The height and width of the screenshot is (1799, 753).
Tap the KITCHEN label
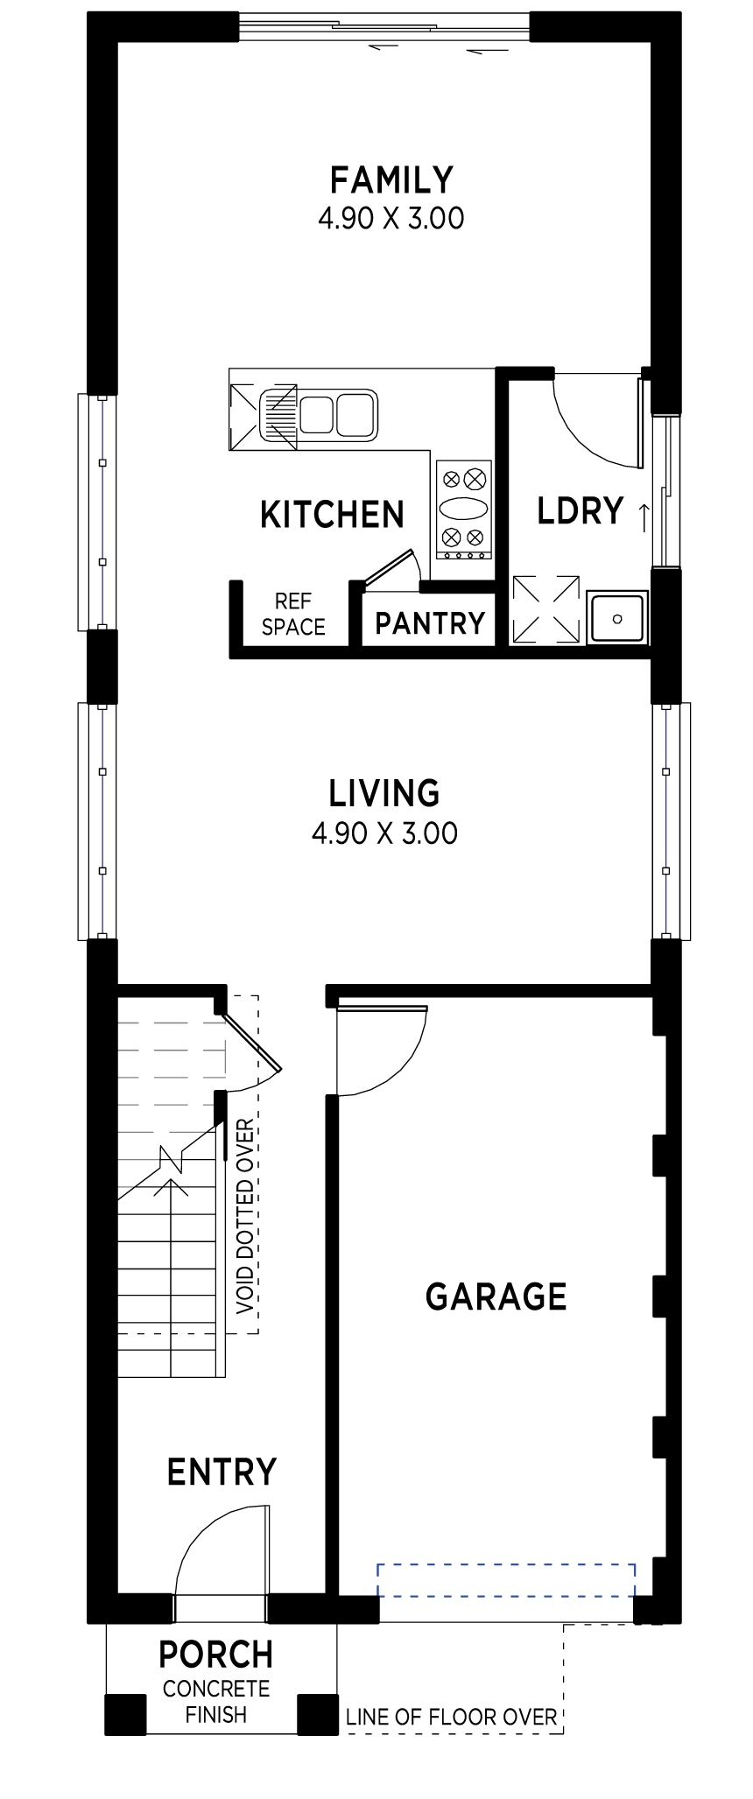[333, 515]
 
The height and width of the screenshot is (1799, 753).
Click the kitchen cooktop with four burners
[463, 509]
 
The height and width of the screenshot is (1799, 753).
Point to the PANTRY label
[430, 623]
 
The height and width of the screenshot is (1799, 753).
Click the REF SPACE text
[293, 614]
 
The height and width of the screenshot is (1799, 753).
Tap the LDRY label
[581, 510]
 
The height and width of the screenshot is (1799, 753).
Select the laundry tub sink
[617, 618]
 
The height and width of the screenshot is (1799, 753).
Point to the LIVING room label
[384, 793]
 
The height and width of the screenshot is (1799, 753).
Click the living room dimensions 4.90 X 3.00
[384, 833]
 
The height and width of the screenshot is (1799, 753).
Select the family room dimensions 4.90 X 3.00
[391, 217]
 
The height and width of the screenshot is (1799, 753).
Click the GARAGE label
[496, 1297]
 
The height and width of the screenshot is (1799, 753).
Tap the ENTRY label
[222, 1472]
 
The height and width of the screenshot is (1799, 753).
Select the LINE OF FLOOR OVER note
[452, 1717]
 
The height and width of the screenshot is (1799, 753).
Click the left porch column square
[126, 1715]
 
